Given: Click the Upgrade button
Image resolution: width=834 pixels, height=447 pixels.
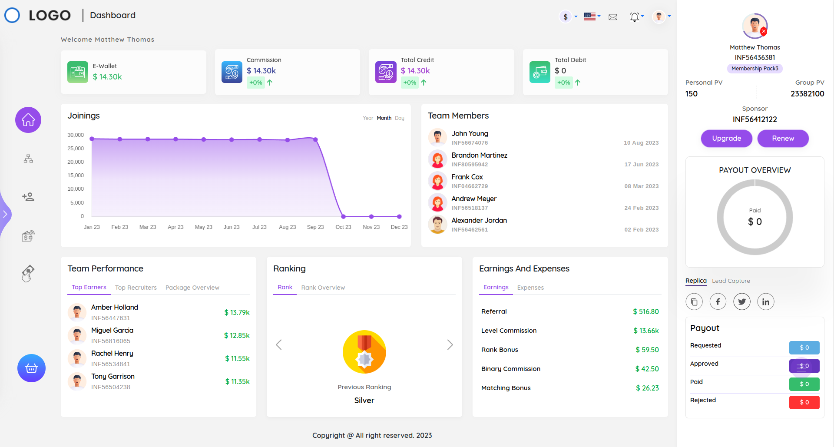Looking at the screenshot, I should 726,139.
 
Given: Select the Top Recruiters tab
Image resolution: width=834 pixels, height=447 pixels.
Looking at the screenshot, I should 136,288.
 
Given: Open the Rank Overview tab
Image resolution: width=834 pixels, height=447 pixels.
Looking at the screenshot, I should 323,288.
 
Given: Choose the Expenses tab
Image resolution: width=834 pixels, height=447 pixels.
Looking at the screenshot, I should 530,288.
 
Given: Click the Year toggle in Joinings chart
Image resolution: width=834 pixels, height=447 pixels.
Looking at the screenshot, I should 368,118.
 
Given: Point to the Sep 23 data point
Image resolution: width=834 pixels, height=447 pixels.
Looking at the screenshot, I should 315,139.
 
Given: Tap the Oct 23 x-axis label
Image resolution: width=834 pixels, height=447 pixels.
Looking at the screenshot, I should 343,227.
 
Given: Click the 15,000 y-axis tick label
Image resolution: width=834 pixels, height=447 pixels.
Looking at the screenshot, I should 76,175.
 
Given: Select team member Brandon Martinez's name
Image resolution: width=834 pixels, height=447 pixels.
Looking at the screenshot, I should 479,155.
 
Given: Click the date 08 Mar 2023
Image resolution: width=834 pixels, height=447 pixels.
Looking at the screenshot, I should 641,186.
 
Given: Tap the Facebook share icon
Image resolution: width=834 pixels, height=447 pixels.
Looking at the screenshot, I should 718,301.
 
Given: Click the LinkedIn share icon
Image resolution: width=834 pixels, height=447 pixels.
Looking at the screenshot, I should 765,301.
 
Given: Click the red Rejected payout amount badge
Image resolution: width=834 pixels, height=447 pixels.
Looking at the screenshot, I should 804,402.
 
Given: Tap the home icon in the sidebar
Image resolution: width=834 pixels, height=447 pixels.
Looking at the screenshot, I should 28,120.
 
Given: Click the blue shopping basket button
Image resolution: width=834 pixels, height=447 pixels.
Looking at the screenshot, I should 31,368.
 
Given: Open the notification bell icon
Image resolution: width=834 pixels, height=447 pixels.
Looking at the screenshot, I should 635,17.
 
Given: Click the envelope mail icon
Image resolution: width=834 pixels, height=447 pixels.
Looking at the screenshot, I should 613,17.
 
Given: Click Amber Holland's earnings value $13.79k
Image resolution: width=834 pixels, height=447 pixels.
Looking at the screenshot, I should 237,312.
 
